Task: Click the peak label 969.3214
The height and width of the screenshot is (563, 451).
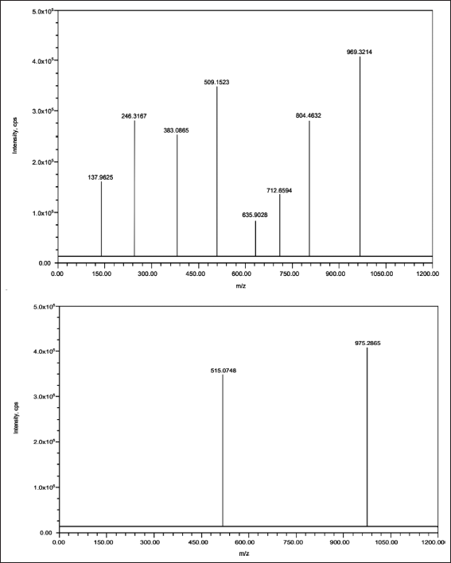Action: [x=359, y=52]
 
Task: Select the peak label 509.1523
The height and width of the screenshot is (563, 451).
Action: [x=216, y=82]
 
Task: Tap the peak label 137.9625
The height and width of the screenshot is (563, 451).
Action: [x=100, y=177]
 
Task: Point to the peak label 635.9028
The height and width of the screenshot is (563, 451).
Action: [x=255, y=215]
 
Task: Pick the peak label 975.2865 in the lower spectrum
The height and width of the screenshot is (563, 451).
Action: [x=367, y=344]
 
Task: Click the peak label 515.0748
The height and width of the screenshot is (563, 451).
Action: [x=224, y=371]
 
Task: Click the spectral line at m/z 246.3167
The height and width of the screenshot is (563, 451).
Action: [x=134, y=188]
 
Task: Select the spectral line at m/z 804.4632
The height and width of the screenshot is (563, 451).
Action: [x=309, y=188]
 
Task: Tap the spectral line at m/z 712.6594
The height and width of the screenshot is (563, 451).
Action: [x=280, y=225]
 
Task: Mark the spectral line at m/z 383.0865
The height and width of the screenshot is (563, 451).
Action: [x=177, y=196]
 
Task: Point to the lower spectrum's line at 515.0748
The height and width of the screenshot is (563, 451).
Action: [x=223, y=451]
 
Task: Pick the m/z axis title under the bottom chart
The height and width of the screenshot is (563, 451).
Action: [x=244, y=553]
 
